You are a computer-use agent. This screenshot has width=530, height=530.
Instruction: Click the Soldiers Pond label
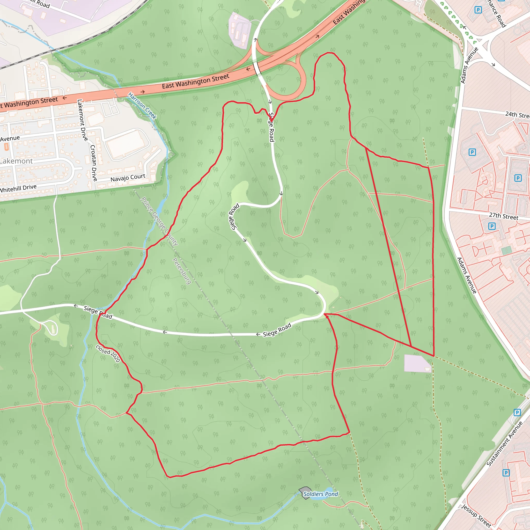(320, 494)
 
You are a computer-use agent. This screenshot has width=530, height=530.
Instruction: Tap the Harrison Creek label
(142, 106)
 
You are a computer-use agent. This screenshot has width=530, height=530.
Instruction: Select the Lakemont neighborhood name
(16, 161)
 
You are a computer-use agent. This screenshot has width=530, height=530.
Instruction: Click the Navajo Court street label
(128, 178)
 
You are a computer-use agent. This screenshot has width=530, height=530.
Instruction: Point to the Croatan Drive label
(94, 163)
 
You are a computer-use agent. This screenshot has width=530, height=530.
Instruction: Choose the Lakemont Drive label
(82, 120)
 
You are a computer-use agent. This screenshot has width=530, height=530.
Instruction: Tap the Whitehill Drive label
(18, 189)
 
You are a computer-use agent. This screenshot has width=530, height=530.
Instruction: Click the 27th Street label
(504, 216)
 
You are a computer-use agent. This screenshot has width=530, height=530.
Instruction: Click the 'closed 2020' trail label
(108, 353)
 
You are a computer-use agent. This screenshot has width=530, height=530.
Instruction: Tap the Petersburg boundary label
(182, 271)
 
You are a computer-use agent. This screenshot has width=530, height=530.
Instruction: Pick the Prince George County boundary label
(159, 221)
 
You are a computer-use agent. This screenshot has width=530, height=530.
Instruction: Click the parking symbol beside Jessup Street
(506, 473)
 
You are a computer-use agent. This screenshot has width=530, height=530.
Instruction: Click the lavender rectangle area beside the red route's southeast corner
(417, 364)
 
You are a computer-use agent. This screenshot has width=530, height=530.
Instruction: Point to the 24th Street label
(517, 115)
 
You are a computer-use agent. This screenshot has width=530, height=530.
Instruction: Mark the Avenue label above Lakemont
(10, 138)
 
